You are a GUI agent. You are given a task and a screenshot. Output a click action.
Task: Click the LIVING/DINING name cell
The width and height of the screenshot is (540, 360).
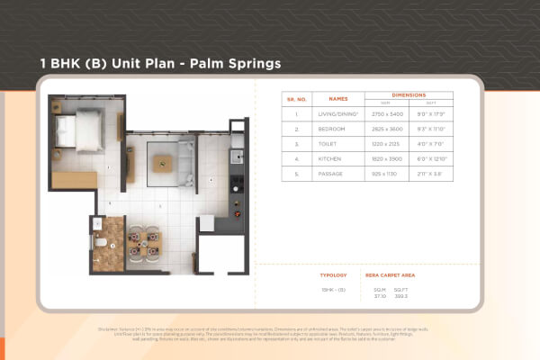[x=337, y=114]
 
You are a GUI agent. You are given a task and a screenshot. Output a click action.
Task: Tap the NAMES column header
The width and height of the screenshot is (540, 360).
[x=337, y=98]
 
